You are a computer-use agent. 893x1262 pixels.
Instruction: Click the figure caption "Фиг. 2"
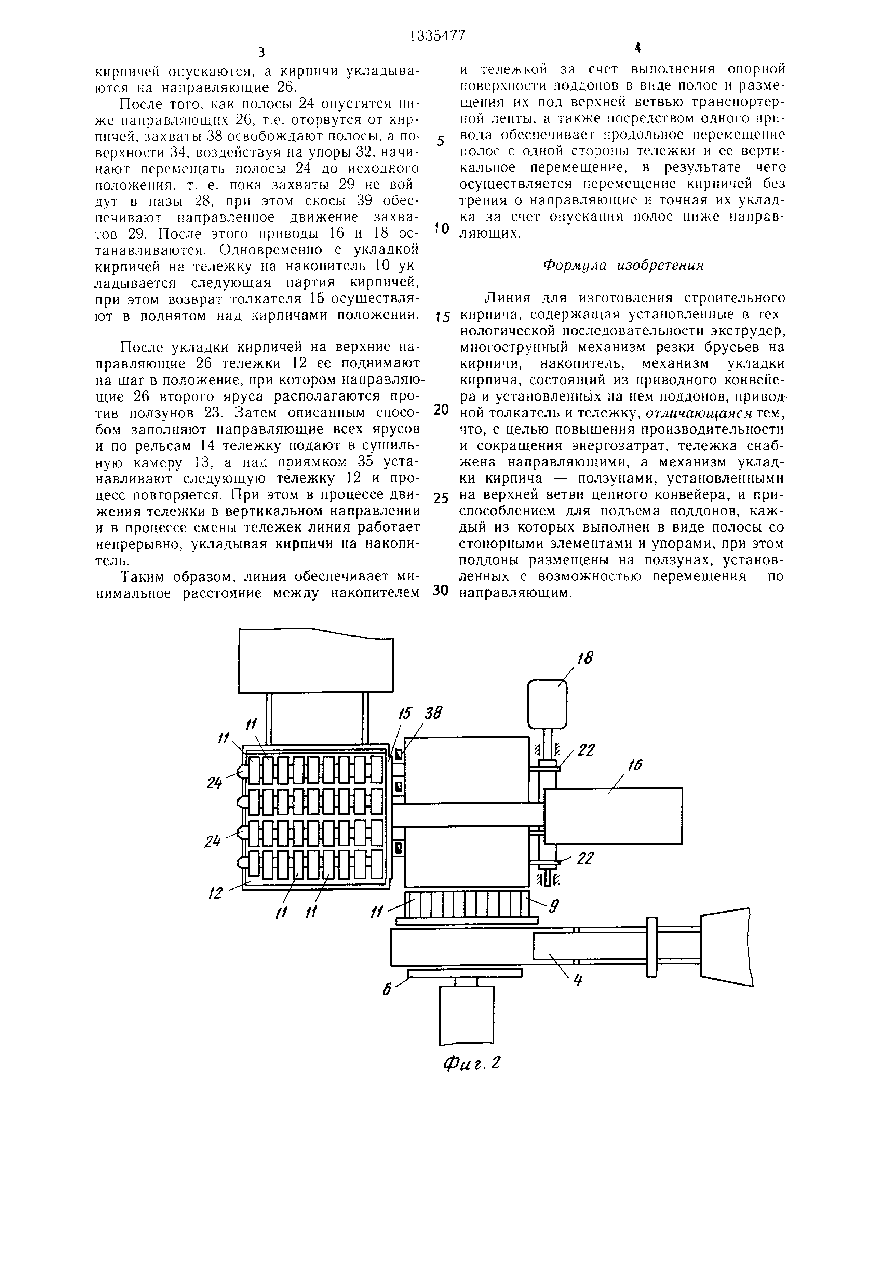pos(472,1064)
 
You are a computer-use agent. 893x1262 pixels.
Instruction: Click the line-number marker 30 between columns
pos(441,590)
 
